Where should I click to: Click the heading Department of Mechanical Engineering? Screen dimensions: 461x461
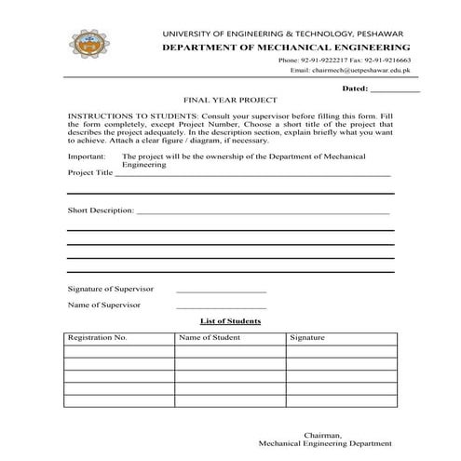tap(286, 46)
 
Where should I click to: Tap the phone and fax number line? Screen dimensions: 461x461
tap(344, 60)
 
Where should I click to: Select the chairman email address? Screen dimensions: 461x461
tap(349, 70)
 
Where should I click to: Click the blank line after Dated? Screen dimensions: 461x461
tap(395, 89)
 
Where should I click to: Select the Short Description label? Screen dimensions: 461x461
tap(101, 210)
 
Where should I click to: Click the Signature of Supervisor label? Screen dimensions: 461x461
tap(111, 289)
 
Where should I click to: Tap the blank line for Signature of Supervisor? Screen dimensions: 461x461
tap(221, 292)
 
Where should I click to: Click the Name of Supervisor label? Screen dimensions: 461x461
tap(103, 305)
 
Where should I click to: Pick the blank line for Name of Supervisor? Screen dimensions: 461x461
tap(221, 307)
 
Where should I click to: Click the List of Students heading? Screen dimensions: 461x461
tap(230, 320)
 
